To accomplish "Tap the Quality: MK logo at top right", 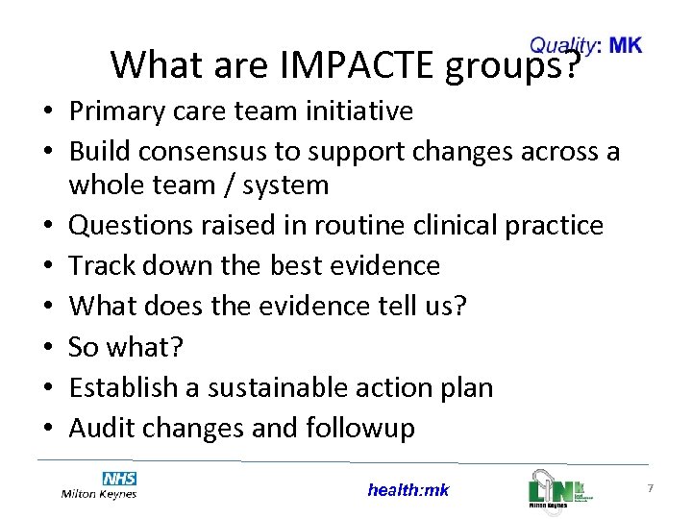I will pos(585,45).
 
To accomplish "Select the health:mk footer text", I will pos(408,490).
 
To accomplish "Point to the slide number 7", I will pos(651,489).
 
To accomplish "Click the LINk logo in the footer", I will pos(561,487).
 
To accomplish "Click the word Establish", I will pos(124,387).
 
